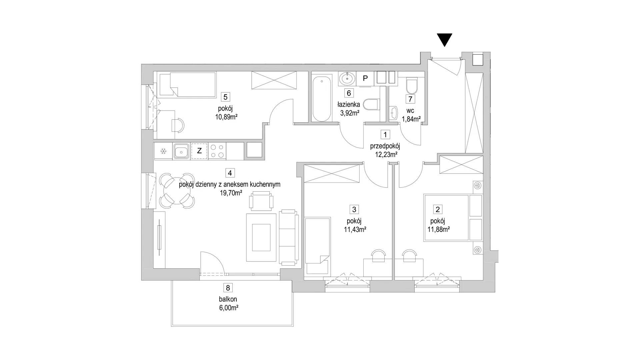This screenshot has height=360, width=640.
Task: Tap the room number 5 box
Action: point(226,97)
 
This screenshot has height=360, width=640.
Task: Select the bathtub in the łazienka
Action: point(322,99)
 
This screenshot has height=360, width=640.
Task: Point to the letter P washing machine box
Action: point(365,79)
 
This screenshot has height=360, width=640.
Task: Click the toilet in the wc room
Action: point(411,86)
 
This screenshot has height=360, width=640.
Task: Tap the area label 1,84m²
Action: point(411,119)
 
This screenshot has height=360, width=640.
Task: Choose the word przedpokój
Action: point(385,146)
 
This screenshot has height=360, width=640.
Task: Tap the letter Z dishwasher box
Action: point(199,151)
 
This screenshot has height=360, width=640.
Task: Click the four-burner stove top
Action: point(217,151)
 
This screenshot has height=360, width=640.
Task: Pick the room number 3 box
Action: point(354,209)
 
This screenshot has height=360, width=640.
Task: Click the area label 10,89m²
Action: point(226,117)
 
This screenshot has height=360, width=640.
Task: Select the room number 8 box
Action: point(228,288)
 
